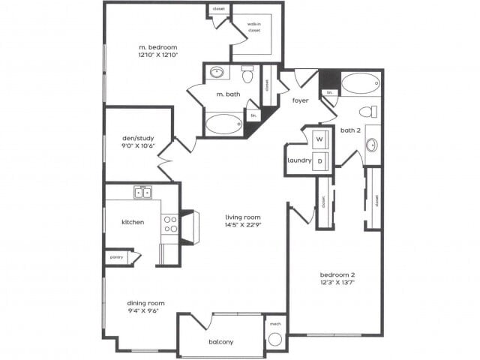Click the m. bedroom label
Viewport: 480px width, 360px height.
157,47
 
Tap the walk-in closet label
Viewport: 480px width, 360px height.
254,27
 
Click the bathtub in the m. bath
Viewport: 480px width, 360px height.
224,124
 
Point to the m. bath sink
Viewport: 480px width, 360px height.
217,73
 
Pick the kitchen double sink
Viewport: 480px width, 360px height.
142,193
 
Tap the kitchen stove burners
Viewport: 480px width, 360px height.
170,224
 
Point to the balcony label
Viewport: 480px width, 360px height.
220,342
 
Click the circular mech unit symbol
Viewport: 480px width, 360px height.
275,338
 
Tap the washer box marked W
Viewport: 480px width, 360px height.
319,139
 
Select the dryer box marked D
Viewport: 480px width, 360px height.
319,160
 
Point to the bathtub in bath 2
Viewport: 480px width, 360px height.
360,83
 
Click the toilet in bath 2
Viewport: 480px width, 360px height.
367,112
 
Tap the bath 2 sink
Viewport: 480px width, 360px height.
372,144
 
